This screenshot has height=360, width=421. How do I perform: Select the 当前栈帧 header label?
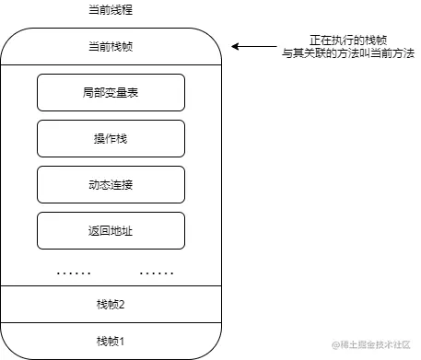click(111, 46)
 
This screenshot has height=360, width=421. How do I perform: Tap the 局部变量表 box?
click(111, 92)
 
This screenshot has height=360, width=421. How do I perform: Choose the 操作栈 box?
click(111, 138)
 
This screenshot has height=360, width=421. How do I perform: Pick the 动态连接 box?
click(111, 184)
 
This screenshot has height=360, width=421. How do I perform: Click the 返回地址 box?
click(111, 230)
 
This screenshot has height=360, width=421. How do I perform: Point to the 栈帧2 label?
click(111, 304)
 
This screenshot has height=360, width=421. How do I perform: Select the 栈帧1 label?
click(111, 341)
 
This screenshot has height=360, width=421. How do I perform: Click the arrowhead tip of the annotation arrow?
click(232, 46)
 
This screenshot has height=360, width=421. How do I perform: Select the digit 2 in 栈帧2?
click(122, 304)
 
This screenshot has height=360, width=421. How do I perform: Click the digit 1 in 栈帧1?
click(122, 341)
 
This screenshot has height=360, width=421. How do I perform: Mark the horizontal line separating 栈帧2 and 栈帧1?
click(111, 321)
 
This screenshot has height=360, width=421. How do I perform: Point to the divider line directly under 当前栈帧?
click(111, 64)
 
